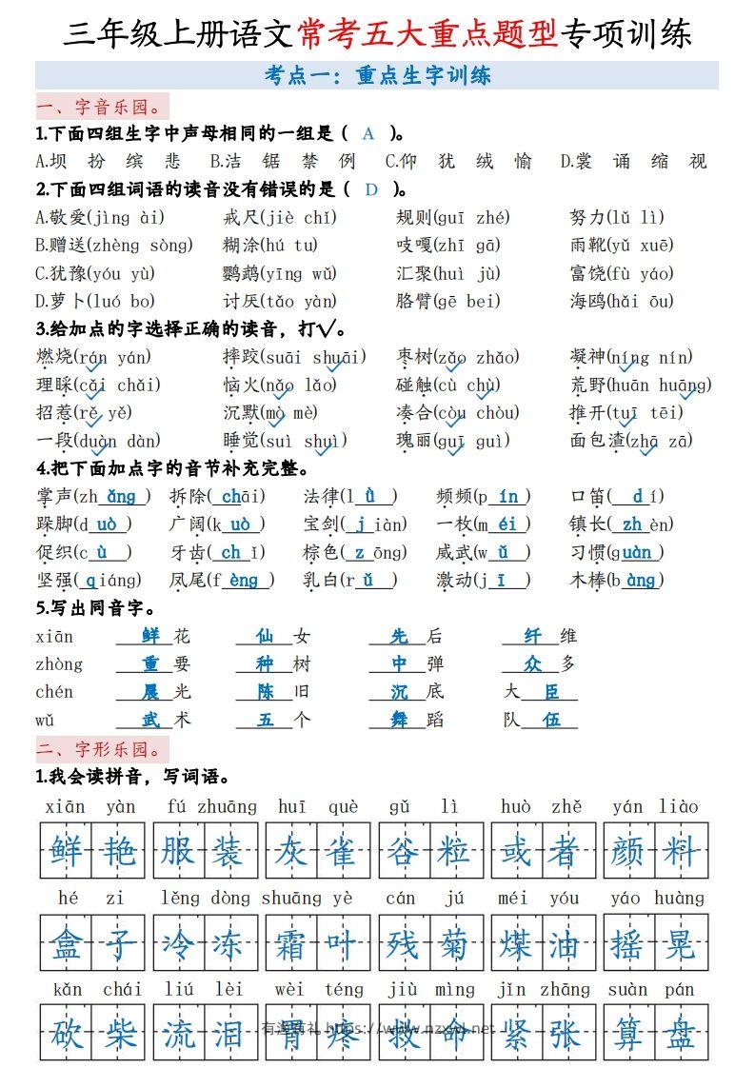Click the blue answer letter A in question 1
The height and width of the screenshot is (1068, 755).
coord(368,133)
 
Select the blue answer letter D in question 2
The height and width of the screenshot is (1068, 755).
coord(371,188)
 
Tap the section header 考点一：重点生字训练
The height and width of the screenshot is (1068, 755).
coord(377,75)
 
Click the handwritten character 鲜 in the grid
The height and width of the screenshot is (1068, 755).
coord(67,850)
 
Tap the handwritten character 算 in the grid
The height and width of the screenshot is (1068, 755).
coord(628,1033)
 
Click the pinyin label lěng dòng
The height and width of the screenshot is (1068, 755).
coord(206,898)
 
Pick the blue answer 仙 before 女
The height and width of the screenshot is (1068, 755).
coord(265,636)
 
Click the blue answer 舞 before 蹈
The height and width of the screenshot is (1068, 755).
coord(399,720)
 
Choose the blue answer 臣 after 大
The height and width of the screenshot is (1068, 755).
coord(552,692)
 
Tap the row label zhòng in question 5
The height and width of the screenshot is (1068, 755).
coord(59,664)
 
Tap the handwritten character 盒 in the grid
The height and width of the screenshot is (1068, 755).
coord(67,945)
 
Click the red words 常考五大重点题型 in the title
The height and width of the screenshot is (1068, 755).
coord(428,33)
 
